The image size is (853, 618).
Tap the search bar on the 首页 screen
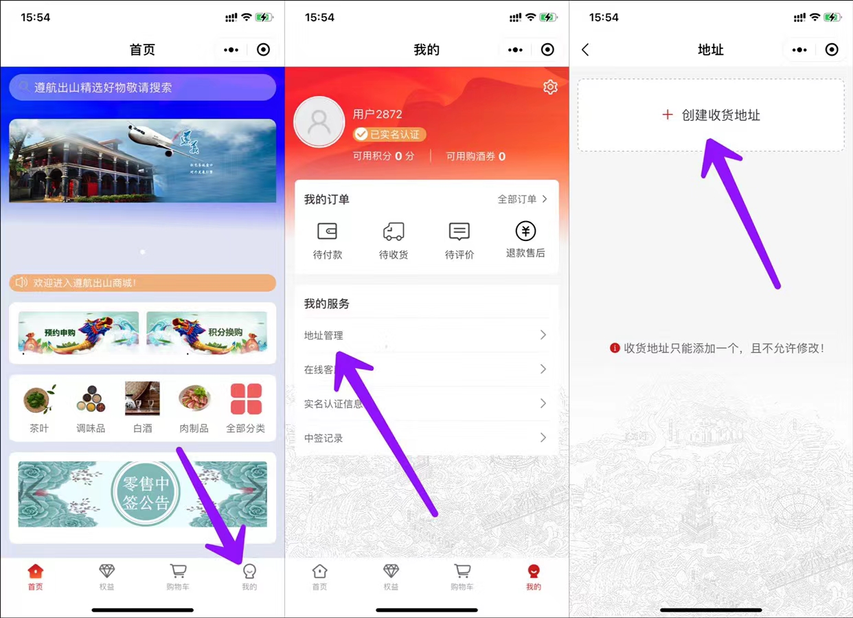142,88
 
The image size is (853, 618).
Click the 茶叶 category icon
39,399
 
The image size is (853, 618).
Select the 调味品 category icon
91,399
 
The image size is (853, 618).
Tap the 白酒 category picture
142,399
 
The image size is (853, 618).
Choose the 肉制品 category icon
194,399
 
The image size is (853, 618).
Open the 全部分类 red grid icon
246,399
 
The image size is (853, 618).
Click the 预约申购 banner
78,332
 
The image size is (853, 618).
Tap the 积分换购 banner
207,332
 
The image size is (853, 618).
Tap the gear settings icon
550,87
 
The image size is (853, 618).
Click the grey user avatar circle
319,122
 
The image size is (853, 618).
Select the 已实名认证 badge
389,135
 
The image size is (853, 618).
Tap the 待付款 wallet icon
328,232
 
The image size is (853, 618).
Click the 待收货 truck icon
394,232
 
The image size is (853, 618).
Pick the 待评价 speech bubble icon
459,231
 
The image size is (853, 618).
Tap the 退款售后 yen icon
525,231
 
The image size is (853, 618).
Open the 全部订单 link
522,199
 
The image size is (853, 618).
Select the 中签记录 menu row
426,438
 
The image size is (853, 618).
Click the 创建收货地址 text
720,115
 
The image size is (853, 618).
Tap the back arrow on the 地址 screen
585,50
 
